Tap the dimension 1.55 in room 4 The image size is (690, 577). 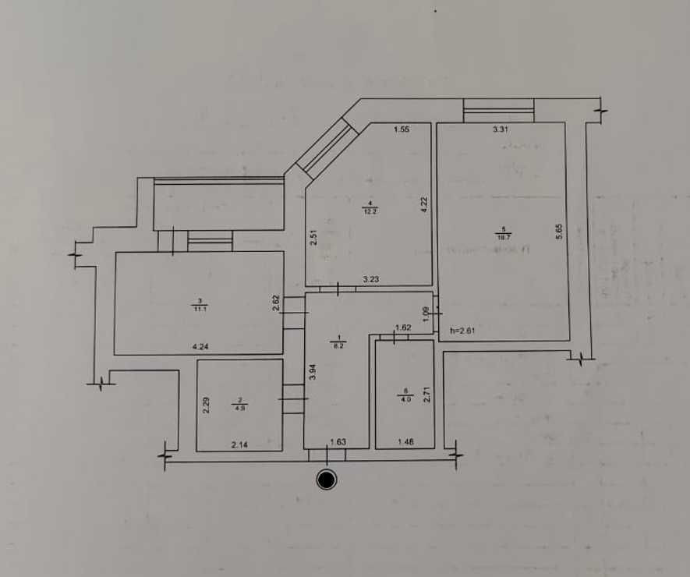402,129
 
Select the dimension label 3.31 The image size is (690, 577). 501,130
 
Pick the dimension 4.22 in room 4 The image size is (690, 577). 424,204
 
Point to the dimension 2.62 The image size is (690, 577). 276,303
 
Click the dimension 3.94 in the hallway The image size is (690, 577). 312,372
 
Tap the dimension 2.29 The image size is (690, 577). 206,405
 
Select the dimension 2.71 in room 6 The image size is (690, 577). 426,395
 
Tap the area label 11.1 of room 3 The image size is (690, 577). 200,309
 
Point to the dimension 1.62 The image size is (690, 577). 403,328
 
